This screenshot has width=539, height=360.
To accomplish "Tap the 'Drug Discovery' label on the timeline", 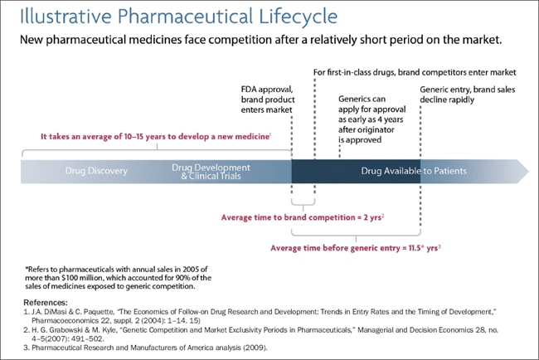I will pyautogui.click(x=96, y=171).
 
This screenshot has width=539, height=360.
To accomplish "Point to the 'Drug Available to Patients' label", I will pyautogui.click(x=414, y=171).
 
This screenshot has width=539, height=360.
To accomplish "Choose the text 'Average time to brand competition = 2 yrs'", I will pyautogui.click(x=301, y=217).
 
